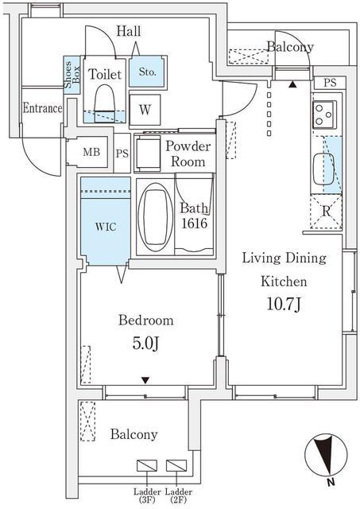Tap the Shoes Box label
pos(72,75)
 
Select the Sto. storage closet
pos(147,72)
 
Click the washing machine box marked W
pos(145,110)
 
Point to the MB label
pos(91,152)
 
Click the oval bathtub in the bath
pos(155,217)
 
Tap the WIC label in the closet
pos(106,226)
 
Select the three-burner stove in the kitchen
pos(324,115)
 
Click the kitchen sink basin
pos(323,169)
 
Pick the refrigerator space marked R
pos(327,212)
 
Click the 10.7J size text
pos(285,304)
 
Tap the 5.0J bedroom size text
pos(145,344)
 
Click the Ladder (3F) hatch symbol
pos(147,465)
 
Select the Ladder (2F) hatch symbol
pos(176,465)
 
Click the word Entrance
pos(42,108)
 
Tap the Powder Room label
pos(188,153)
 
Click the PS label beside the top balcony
pos(330,83)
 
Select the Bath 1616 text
pos(194,216)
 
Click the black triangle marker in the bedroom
pos(145,380)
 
